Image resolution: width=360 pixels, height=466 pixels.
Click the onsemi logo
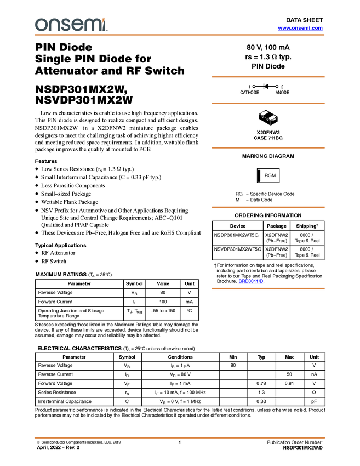(71, 25)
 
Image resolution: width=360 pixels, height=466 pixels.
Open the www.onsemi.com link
(300, 28)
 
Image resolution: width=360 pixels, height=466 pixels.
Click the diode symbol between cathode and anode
(266, 87)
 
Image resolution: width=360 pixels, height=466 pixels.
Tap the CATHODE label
(249, 93)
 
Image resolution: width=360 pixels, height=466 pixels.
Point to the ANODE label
(282, 93)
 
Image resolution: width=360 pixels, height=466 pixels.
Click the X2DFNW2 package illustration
(268, 118)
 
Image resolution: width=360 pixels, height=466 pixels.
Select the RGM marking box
(268, 175)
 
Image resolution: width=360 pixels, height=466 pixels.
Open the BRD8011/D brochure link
(251, 281)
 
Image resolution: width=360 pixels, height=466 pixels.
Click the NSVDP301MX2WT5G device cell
(238, 249)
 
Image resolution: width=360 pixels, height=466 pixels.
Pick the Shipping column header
(307, 226)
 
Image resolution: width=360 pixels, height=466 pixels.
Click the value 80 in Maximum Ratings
(163, 292)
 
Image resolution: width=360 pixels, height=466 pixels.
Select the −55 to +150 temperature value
(163, 311)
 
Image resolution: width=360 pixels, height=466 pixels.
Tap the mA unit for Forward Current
(189, 302)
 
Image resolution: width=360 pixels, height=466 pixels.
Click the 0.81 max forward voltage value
(289, 383)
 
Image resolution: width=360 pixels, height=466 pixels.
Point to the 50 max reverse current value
(289, 374)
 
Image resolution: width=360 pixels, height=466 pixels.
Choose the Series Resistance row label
(57, 393)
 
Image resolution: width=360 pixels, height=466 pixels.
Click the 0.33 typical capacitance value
(261, 401)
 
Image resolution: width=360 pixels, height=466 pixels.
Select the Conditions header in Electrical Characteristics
(180, 357)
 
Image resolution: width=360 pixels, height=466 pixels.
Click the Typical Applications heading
(61, 245)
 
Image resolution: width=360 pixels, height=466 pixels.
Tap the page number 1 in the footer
(180, 442)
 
